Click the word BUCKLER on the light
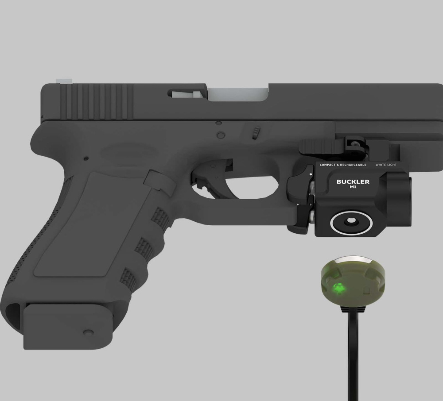tap(353, 182)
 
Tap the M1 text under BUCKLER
tap(353, 187)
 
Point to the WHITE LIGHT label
tap(386, 165)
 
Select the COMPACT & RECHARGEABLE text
tap(343, 165)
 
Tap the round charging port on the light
tap(351, 222)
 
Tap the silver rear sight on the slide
tap(64, 81)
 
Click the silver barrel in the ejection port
tap(238, 94)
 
